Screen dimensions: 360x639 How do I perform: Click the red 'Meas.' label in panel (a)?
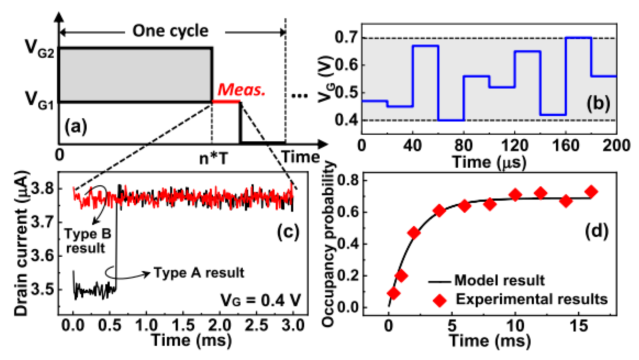pyautogui.click(x=241, y=90)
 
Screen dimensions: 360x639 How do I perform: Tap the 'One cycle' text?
pyautogui.click(x=170, y=31)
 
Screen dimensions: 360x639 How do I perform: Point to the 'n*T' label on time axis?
pyautogui.click(x=214, y=158)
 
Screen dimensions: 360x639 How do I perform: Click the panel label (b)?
pyautogui.click(x=598, y=104)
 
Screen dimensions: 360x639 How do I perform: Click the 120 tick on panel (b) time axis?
pyautogui.click(x=514, y=146)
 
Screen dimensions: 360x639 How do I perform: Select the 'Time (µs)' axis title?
pyautogui.click(x=489, y=162)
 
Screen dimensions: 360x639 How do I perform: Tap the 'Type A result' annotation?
pyautogui.click(x=199, y=273)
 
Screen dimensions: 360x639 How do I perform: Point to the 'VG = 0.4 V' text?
pyautogui.click(x=261, y=300)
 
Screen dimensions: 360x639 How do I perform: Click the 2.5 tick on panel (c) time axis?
pyautogui.click(x=256, y=325)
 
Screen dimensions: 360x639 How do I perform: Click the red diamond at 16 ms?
pyautogui.click(x=591, y=192)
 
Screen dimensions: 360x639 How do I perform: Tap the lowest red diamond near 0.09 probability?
pyautogui.click(x=394, y=293)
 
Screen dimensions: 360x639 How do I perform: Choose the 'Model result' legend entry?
pyautogui.click(x=499, y=280)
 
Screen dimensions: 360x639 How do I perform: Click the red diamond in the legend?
pyautogui.click(x=440, y=300)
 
